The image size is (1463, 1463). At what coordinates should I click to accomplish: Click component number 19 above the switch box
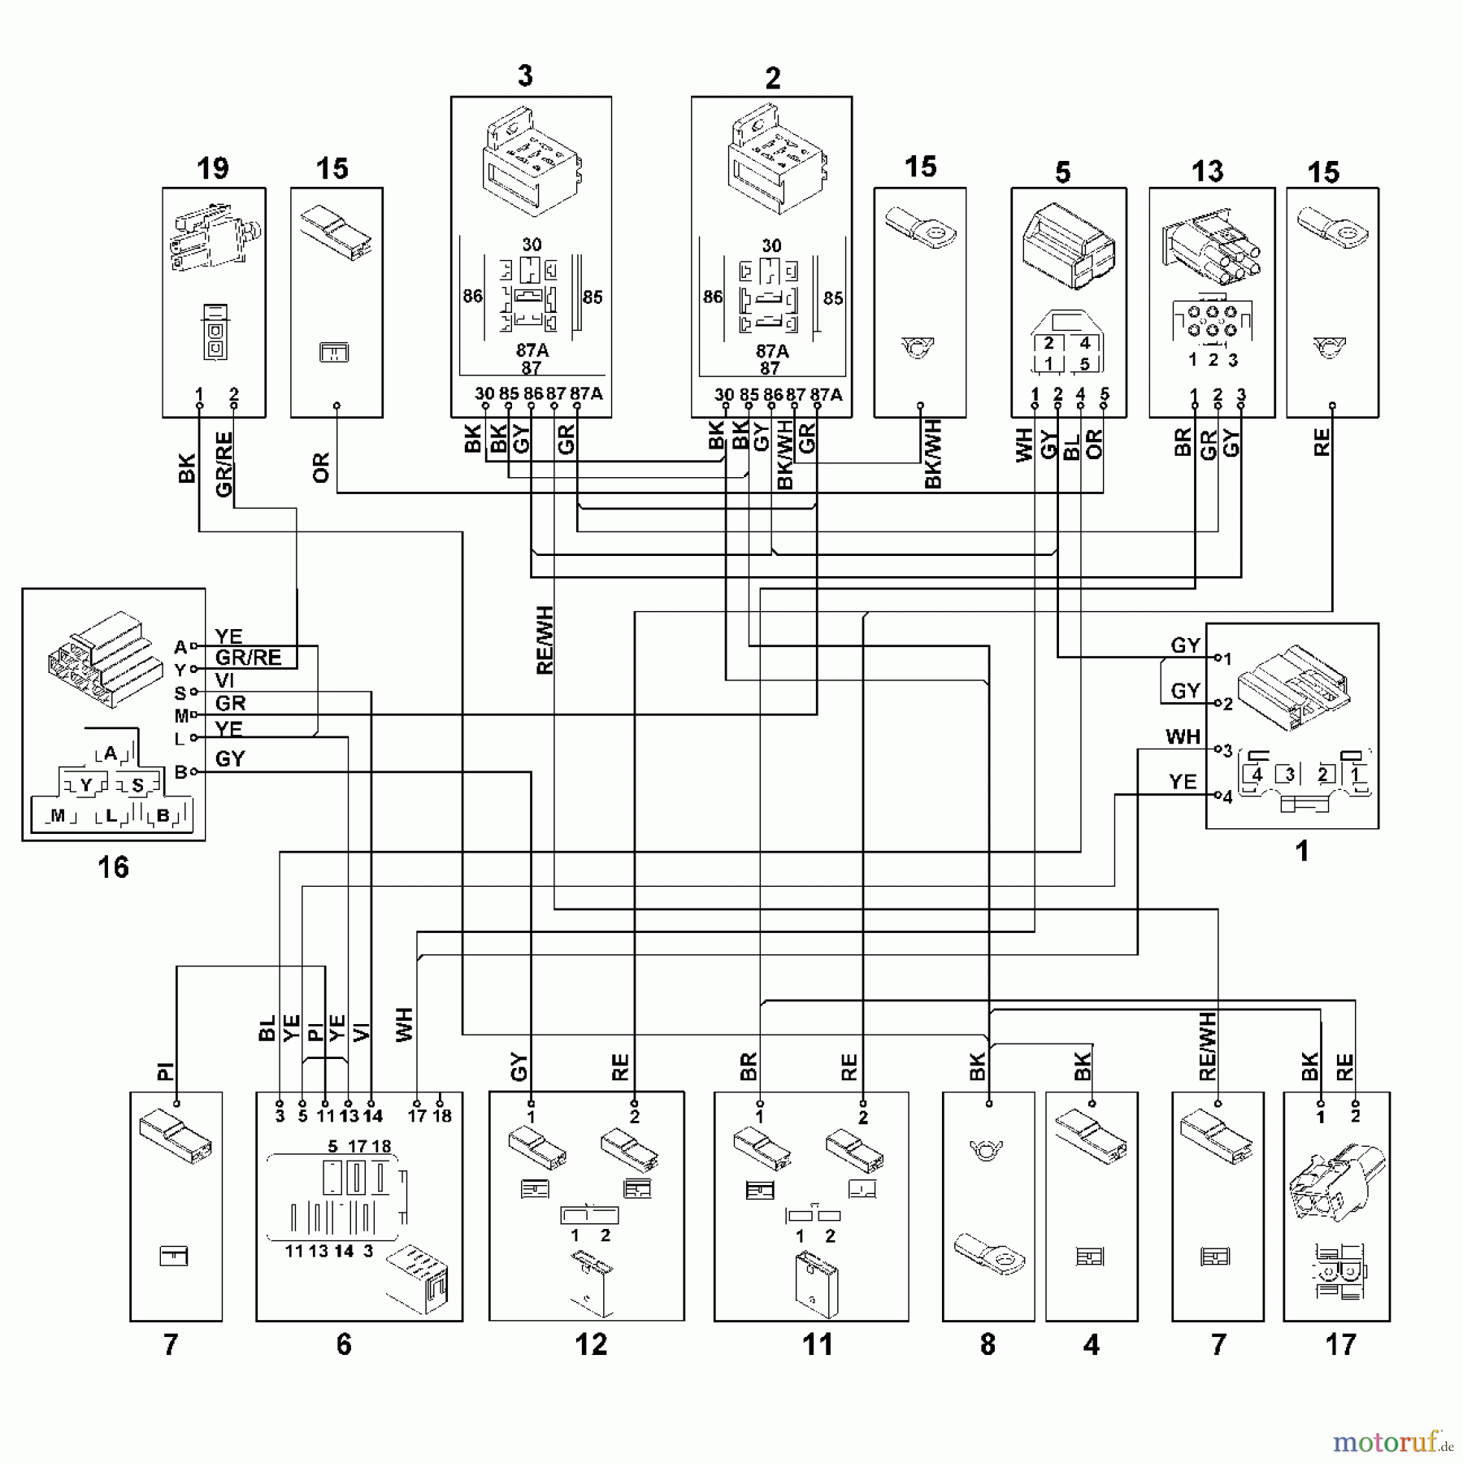(212, 168)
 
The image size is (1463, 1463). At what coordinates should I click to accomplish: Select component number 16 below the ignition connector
(113, 867)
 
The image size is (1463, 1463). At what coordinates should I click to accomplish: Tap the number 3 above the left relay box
(525, 76)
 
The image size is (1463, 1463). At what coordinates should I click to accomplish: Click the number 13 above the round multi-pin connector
(1207, 171)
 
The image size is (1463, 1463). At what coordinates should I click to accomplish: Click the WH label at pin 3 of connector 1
(1182, 736)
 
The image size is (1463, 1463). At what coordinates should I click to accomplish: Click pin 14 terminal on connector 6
(371, 1103)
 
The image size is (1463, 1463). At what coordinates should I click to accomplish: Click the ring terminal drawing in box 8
(989, 1252)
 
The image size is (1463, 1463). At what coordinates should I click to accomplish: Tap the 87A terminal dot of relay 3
(576, 405)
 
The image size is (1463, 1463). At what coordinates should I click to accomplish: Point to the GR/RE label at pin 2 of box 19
(224, 463)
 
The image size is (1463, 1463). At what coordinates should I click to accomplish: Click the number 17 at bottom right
(1340, 1344)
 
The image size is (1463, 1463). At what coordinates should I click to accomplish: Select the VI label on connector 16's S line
(224, 680)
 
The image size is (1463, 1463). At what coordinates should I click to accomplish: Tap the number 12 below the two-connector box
(591, 1344)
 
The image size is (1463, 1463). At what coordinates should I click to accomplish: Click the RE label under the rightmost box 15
(1322, 442)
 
